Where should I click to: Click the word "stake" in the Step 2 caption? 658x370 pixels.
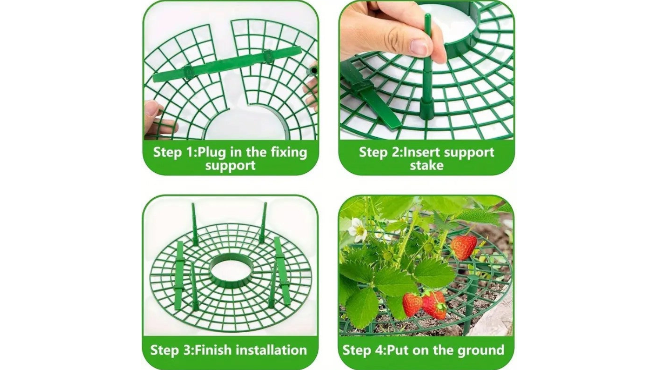click(426, 166)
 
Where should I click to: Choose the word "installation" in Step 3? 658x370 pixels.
click(271, 350)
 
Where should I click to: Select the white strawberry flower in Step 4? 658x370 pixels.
click(358, 229)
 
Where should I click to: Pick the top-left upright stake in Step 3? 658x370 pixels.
click(194, 224)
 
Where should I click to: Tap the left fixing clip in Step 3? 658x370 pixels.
click(179, 275)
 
